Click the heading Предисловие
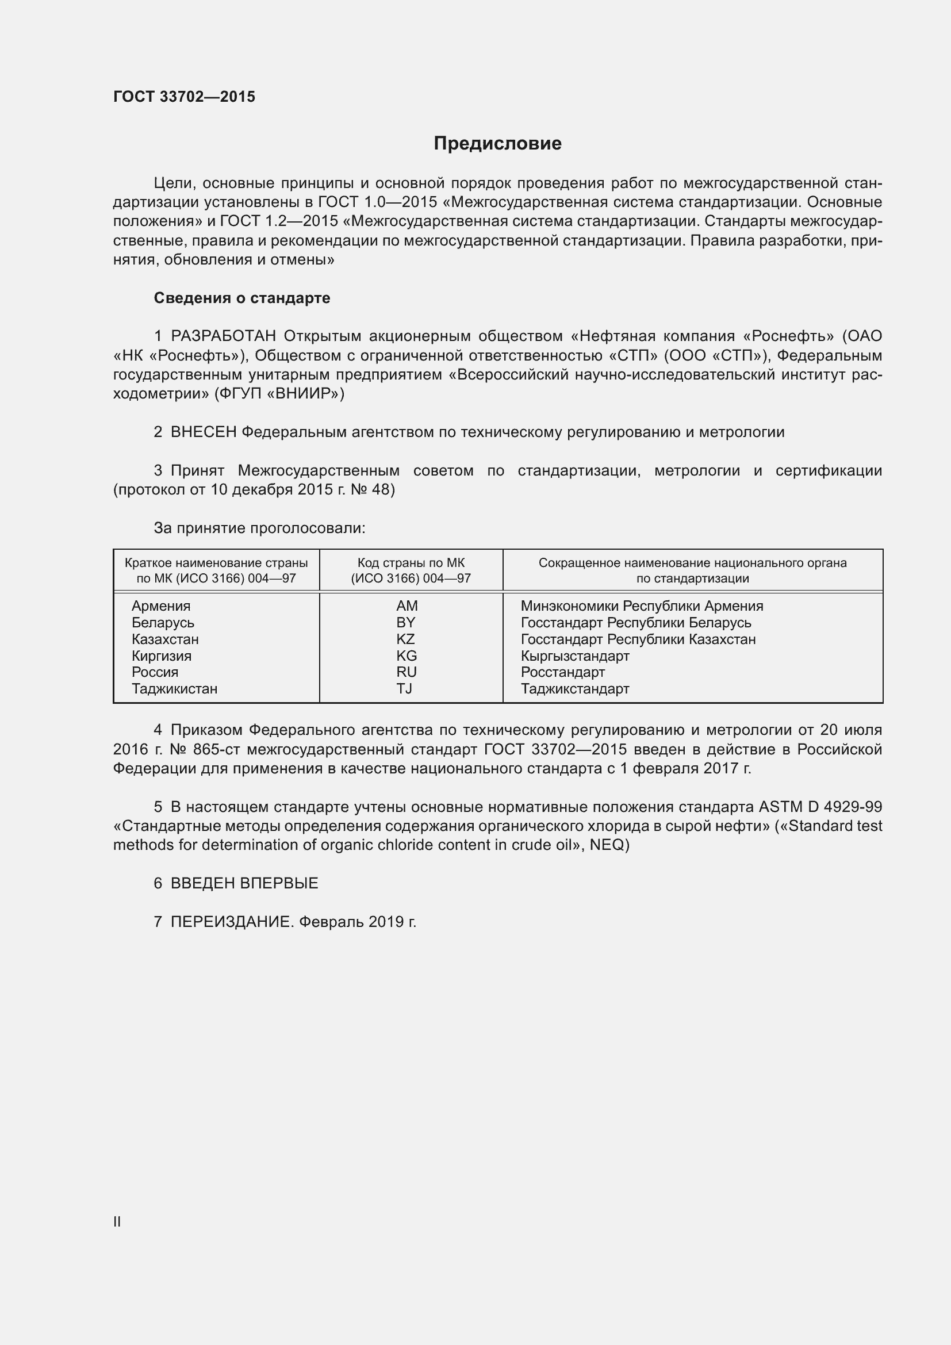coord(497,144)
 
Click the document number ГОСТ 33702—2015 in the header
coord(184,97)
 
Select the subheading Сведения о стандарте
coord(241,298)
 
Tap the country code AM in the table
coord(407,606)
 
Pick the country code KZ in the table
coord(405,639)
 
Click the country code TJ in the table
coord(404,688)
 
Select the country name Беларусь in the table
coord(163,623)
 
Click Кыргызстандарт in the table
coord(574,656)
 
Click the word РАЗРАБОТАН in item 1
coord(223,336)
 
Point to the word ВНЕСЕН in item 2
coord(203,432)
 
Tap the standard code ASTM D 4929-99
coord(820,807)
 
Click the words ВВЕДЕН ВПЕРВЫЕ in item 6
coord(244,883)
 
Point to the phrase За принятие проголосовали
coord(259,528)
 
